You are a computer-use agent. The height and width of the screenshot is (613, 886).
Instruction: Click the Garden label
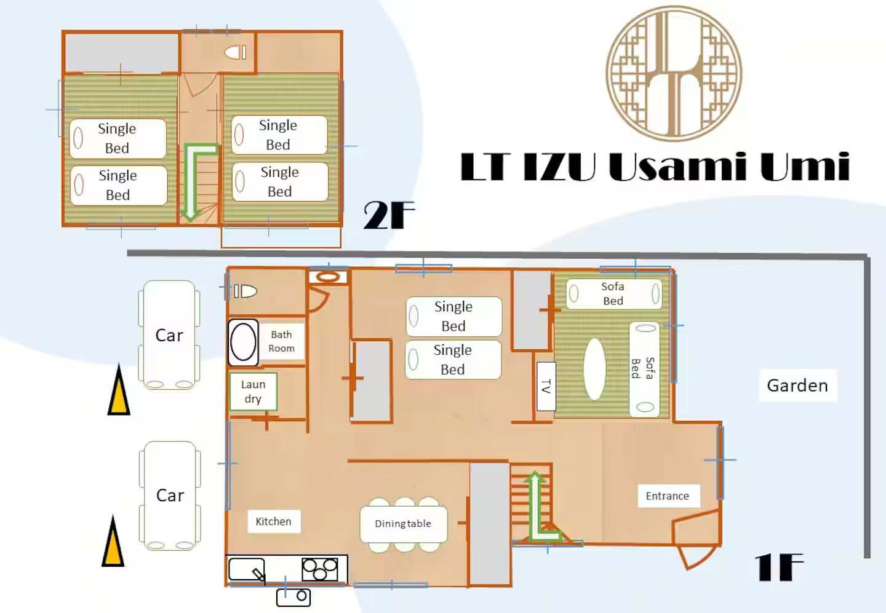797,386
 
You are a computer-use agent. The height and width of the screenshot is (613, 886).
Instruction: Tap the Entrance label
668,496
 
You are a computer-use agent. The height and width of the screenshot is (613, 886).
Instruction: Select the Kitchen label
274,522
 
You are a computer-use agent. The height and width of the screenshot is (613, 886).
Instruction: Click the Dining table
404,524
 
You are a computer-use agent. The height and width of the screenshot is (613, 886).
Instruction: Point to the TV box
546,387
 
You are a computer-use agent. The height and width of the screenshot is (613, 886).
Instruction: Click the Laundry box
253,392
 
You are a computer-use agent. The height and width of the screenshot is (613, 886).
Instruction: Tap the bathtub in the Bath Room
243,342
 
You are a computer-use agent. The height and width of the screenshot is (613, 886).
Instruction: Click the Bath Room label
282,341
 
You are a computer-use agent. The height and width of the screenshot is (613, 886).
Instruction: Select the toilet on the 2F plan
235,52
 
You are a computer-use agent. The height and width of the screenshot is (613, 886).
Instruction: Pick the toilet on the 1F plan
245,291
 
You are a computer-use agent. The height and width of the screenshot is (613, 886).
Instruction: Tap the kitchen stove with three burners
320,569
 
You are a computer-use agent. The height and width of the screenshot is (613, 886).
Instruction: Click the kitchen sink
247,569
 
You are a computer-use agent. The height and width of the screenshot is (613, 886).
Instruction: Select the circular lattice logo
674,74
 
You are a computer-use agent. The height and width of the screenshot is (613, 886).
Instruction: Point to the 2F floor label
389,215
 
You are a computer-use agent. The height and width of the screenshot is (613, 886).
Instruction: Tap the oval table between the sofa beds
594,369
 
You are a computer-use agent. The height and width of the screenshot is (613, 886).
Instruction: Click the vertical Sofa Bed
644,369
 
